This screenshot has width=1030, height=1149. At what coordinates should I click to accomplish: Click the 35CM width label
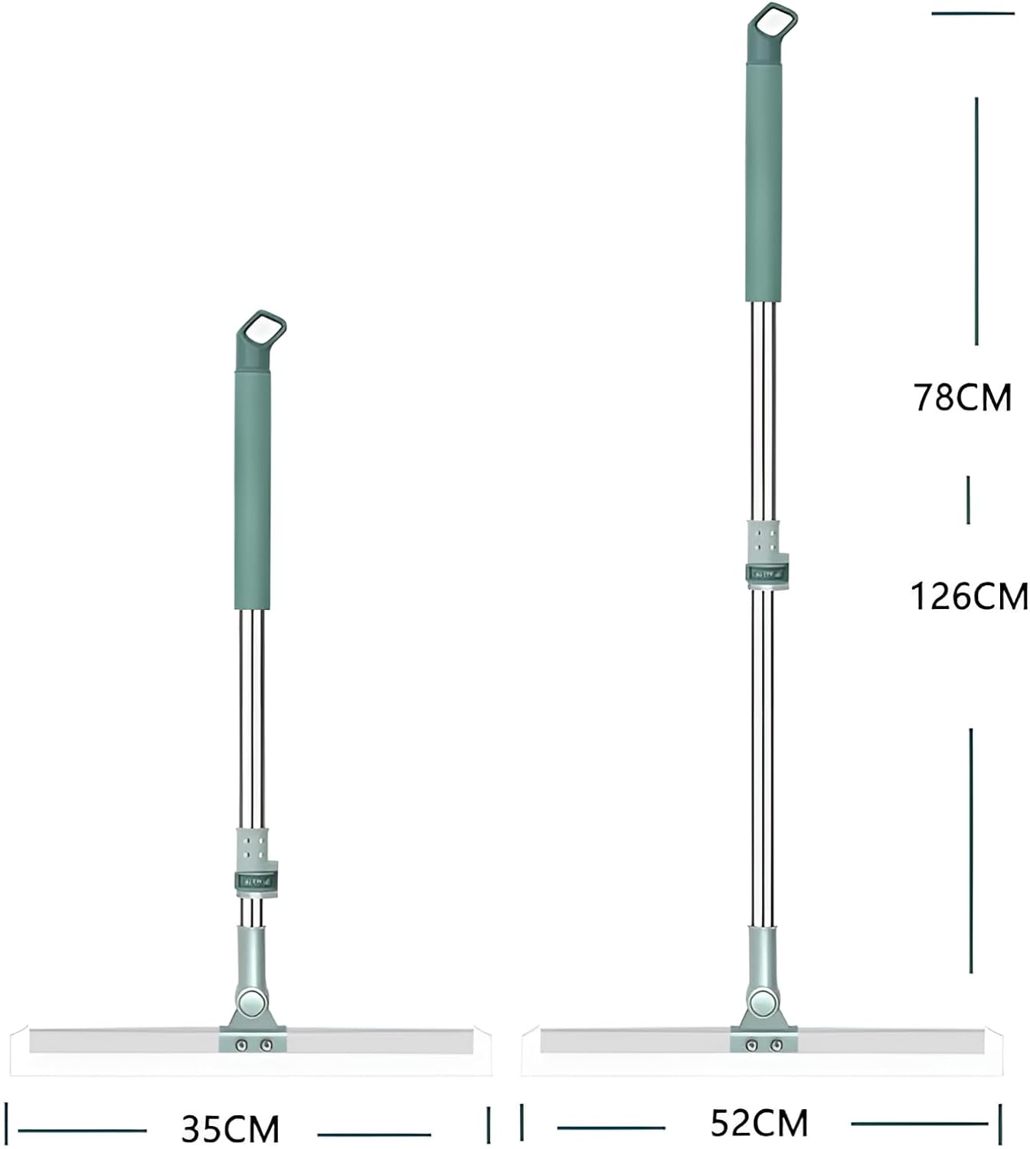coord(231,1129)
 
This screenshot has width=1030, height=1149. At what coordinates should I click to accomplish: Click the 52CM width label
coord(759,1124)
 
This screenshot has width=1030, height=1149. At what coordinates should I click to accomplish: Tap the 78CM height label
coord(962,398)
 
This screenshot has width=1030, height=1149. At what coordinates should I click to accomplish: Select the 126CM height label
coord(969,596)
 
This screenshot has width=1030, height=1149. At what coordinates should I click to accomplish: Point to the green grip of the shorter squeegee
coord(252,490)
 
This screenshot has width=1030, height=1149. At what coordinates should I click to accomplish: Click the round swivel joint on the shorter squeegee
coord(252,1002)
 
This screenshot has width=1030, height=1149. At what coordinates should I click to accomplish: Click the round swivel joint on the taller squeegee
coord(762,1002)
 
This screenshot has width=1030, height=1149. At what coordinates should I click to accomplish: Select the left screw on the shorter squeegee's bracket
coord(242,1045)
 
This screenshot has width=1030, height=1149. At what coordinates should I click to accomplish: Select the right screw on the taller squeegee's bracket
coord(776,1045)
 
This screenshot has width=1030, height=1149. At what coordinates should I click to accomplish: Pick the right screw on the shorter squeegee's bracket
coord(266,1045)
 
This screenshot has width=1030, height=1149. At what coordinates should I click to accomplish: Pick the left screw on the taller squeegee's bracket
coord(752,1045)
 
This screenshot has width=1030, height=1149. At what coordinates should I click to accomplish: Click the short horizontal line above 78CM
coord(972,13)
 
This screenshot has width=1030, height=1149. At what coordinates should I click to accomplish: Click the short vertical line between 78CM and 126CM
coord(968,499)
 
